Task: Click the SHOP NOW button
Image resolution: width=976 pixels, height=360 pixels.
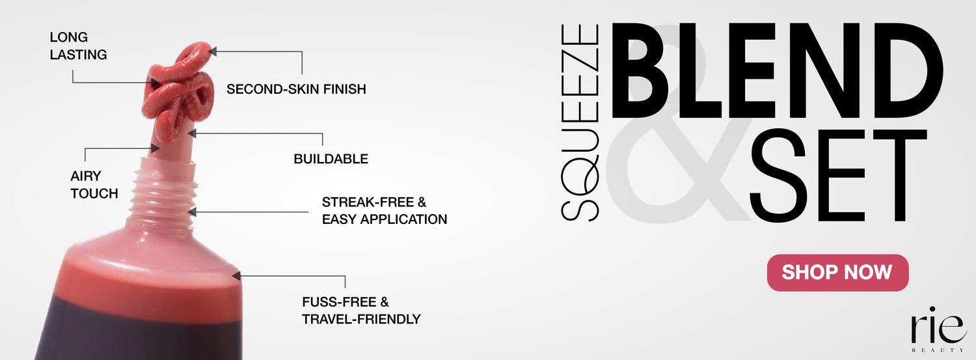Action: (837, 272)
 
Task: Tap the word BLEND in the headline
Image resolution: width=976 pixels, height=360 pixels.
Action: (777, 70)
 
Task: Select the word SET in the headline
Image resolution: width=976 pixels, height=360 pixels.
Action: (837, 175)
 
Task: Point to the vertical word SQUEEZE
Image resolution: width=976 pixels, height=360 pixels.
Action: (580, 122)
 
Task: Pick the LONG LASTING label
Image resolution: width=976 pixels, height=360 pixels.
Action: (79, 46)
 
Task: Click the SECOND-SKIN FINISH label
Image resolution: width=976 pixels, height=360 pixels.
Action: (296, 89)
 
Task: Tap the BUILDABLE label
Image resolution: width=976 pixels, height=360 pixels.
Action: (331, 159)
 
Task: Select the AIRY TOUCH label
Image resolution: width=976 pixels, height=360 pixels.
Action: (94, 184)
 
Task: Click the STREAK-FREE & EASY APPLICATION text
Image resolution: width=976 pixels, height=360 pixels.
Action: (385, 210)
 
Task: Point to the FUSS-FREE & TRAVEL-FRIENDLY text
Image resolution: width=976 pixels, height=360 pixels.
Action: (361, 311)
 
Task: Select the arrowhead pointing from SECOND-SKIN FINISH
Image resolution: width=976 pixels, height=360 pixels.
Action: (213, 51)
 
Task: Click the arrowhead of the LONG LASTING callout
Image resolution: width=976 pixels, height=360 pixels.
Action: (155, 83)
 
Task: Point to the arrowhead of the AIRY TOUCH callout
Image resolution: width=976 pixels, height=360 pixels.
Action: (155, 148)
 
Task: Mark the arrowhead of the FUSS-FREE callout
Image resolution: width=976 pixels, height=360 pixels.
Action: (236, 276)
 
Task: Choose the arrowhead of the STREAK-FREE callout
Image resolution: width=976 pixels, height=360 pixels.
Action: (192, 212)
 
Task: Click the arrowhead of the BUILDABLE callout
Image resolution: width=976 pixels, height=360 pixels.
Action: (192, 133)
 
